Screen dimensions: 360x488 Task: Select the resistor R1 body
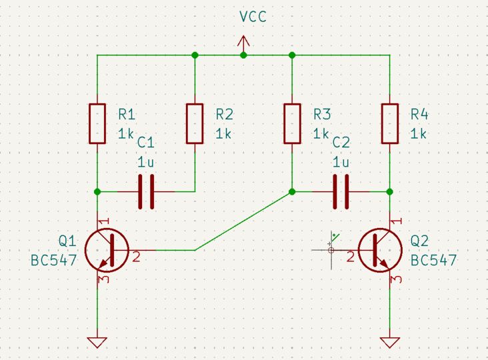tap(97, 123)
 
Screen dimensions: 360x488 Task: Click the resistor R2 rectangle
tap(195, 123)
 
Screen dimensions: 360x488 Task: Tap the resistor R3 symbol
tap(292, 123)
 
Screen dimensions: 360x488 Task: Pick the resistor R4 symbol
tap(389, 123)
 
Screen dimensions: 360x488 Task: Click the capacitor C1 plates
tap(146, 192)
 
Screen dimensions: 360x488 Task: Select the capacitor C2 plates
tap(341, 192)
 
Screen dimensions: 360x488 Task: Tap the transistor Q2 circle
tap(380, 250)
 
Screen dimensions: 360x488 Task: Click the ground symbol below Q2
tap(389, 342)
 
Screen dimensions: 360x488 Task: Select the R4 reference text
tap(419, 115)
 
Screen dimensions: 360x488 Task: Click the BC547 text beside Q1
tap(53, 260)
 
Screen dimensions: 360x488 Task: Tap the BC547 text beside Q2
tap(433, 260)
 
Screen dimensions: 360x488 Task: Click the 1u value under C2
tap(340, 162)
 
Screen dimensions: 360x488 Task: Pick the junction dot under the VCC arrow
tap(243, 55)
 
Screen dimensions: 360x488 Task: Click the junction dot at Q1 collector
tap(97, 192)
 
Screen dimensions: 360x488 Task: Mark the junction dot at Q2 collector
tap(389, 192)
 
